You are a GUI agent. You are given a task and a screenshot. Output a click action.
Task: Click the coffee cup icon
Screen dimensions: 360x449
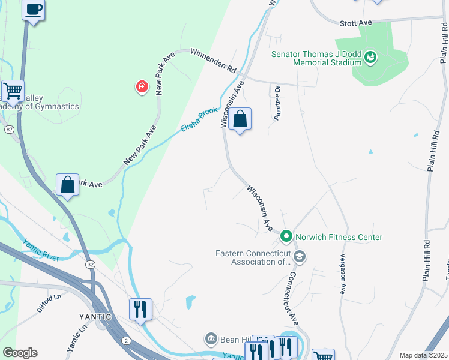click(34, 10)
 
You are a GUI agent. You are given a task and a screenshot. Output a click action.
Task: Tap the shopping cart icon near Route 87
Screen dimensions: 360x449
click(13, 92)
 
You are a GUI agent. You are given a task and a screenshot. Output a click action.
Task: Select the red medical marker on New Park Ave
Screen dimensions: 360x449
click(142, 88)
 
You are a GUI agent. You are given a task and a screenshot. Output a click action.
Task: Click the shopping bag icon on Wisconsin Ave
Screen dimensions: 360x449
click(240, 119)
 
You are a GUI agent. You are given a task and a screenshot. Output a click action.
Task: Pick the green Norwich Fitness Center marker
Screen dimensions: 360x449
click(286, 236)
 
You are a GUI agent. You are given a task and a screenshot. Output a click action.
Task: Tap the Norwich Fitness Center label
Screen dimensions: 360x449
click(338, 237)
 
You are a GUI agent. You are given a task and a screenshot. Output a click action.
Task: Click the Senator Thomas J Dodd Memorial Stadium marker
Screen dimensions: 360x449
click(370, 58)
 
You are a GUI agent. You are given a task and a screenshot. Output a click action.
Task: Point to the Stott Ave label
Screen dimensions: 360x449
click(356, 22)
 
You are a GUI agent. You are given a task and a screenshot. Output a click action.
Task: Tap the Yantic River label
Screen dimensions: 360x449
click(41, 250)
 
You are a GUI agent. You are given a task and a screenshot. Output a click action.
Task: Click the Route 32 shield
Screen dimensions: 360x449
click(90, 264)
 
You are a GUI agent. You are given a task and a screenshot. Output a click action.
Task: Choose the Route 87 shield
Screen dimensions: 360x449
click(9, 129)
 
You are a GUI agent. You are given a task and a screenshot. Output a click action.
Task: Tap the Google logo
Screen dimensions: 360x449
click(20, 353)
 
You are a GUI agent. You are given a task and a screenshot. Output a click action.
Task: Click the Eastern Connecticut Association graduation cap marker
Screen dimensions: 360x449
click(300, 257)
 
